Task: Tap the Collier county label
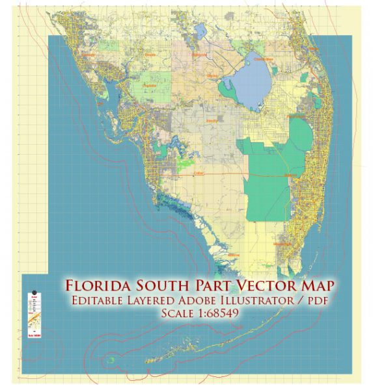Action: tap(199, 174)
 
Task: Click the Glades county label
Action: tap(212, 75)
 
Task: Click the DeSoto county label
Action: tap(150, 55)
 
